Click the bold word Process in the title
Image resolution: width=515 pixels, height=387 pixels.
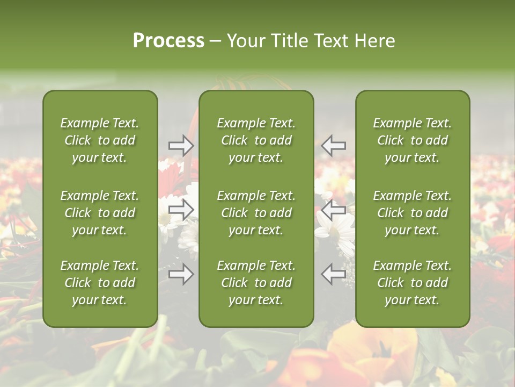pyautogui.click(x=168, y=41)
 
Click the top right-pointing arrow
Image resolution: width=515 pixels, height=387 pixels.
pyautogui.click(x=181, y=145)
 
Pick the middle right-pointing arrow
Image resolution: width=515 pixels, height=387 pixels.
pyautogui.click(x=181, y=210)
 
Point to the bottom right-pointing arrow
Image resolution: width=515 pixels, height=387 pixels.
pyautogui.click(x=181, y=274)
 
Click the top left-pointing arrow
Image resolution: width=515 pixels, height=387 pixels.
pyautogui.click(x=333, y=145)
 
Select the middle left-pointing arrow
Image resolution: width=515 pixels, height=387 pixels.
pyautogui.click(x=333, y=210)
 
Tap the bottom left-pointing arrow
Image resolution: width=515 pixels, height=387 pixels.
pyautogui.click(x=333, y=274)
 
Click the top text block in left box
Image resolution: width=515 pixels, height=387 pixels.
pyautogui.click(x=100, y=140)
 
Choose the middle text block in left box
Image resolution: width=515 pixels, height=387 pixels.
pyautogui.click(x=100, y=213)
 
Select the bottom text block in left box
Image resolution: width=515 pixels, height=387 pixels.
pyautogui.click(x=100, y=283)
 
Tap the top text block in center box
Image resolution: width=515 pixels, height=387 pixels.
pyautogui.click(x=256, y=140)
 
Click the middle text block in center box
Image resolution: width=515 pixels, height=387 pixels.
pyautogui.click(x=256, y=213)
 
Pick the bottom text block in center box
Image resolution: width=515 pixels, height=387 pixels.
pyautogui.click(x=256, y=283)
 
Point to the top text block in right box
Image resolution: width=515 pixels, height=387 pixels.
pyautogui.click(x=412, y=140)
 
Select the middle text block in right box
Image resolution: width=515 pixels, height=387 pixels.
pyautogui.click(x=412, y=213)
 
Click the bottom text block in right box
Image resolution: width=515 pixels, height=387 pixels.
pyautogui.click(x=412, y=283)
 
